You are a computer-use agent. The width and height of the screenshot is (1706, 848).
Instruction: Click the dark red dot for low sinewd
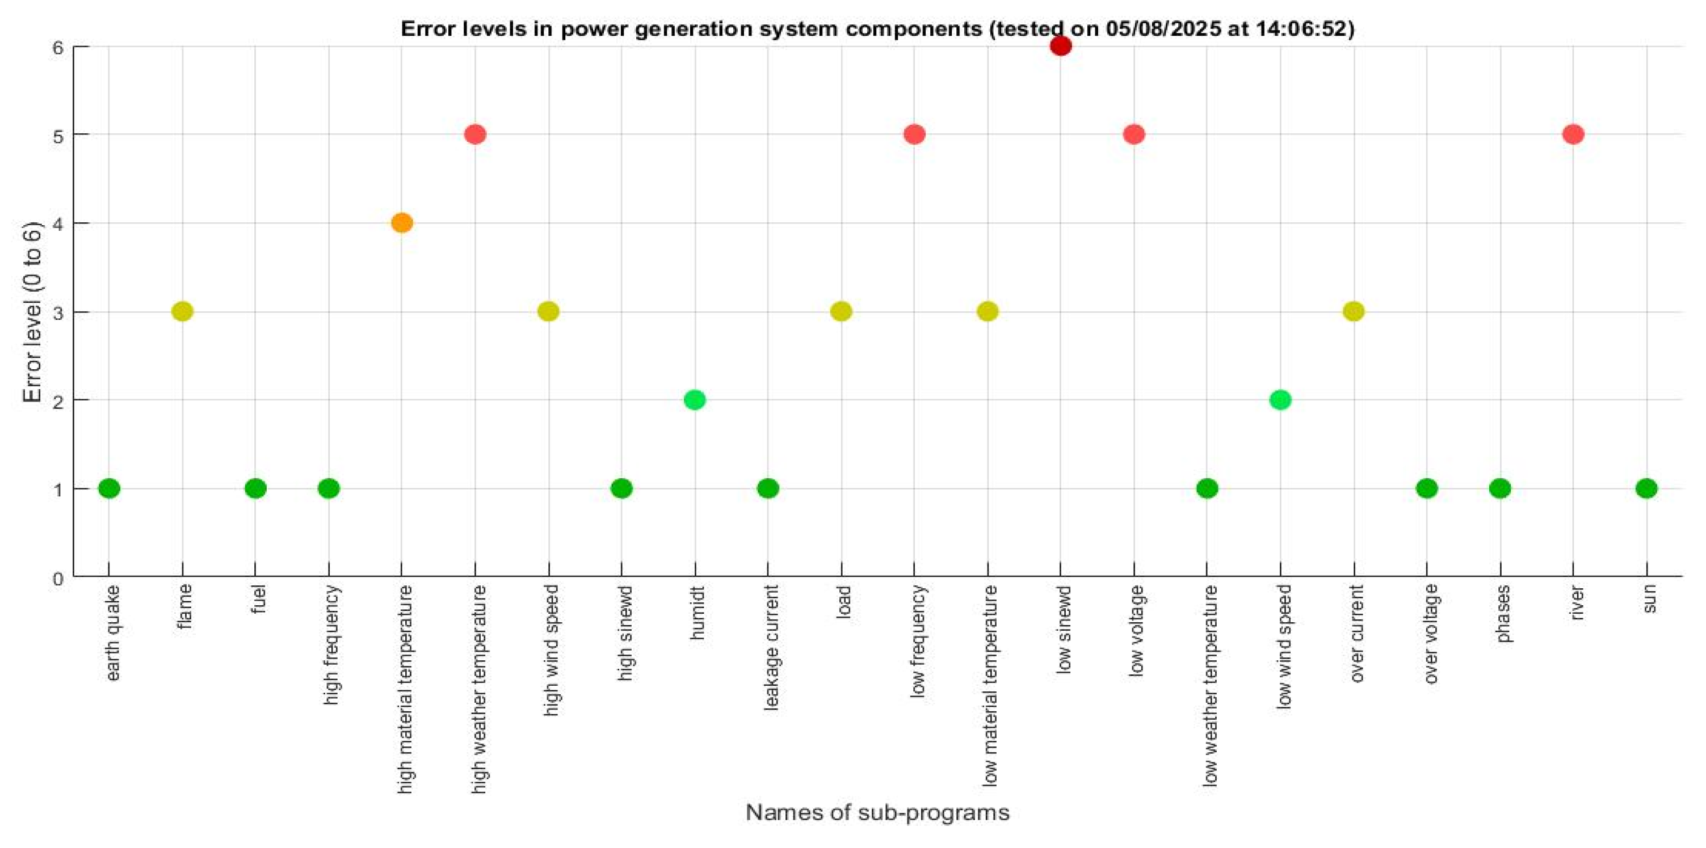tap(1060, 46)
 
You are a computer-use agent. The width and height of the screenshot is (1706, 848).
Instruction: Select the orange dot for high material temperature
tap(402, 223)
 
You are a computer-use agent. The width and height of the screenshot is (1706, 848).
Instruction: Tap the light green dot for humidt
tap(695, 400)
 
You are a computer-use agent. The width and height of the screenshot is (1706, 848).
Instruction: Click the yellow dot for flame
tap(182, 311)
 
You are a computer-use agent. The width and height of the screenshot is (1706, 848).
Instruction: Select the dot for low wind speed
tap(1280, 400)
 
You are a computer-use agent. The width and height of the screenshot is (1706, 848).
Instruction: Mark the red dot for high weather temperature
tap(475, 134)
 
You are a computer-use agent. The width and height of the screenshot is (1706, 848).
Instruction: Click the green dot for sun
tap(1646, 488)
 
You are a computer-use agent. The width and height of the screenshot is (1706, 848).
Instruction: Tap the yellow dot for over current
tap(1354, 311)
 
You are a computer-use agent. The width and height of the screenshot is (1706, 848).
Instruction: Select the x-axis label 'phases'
tap(1503, 614)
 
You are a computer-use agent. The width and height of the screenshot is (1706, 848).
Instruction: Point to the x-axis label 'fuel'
tap(258, 599)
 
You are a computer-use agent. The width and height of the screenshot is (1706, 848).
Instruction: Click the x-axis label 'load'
tap(843, 601)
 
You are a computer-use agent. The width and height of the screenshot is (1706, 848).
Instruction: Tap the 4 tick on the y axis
tap(58, 223)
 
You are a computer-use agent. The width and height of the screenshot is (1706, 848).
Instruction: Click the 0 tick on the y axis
tap(58, 579)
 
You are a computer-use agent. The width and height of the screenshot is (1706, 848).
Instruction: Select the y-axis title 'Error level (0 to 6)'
tap(32, 312)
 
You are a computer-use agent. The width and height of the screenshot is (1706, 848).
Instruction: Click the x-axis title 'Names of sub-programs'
tap(877, 812)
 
